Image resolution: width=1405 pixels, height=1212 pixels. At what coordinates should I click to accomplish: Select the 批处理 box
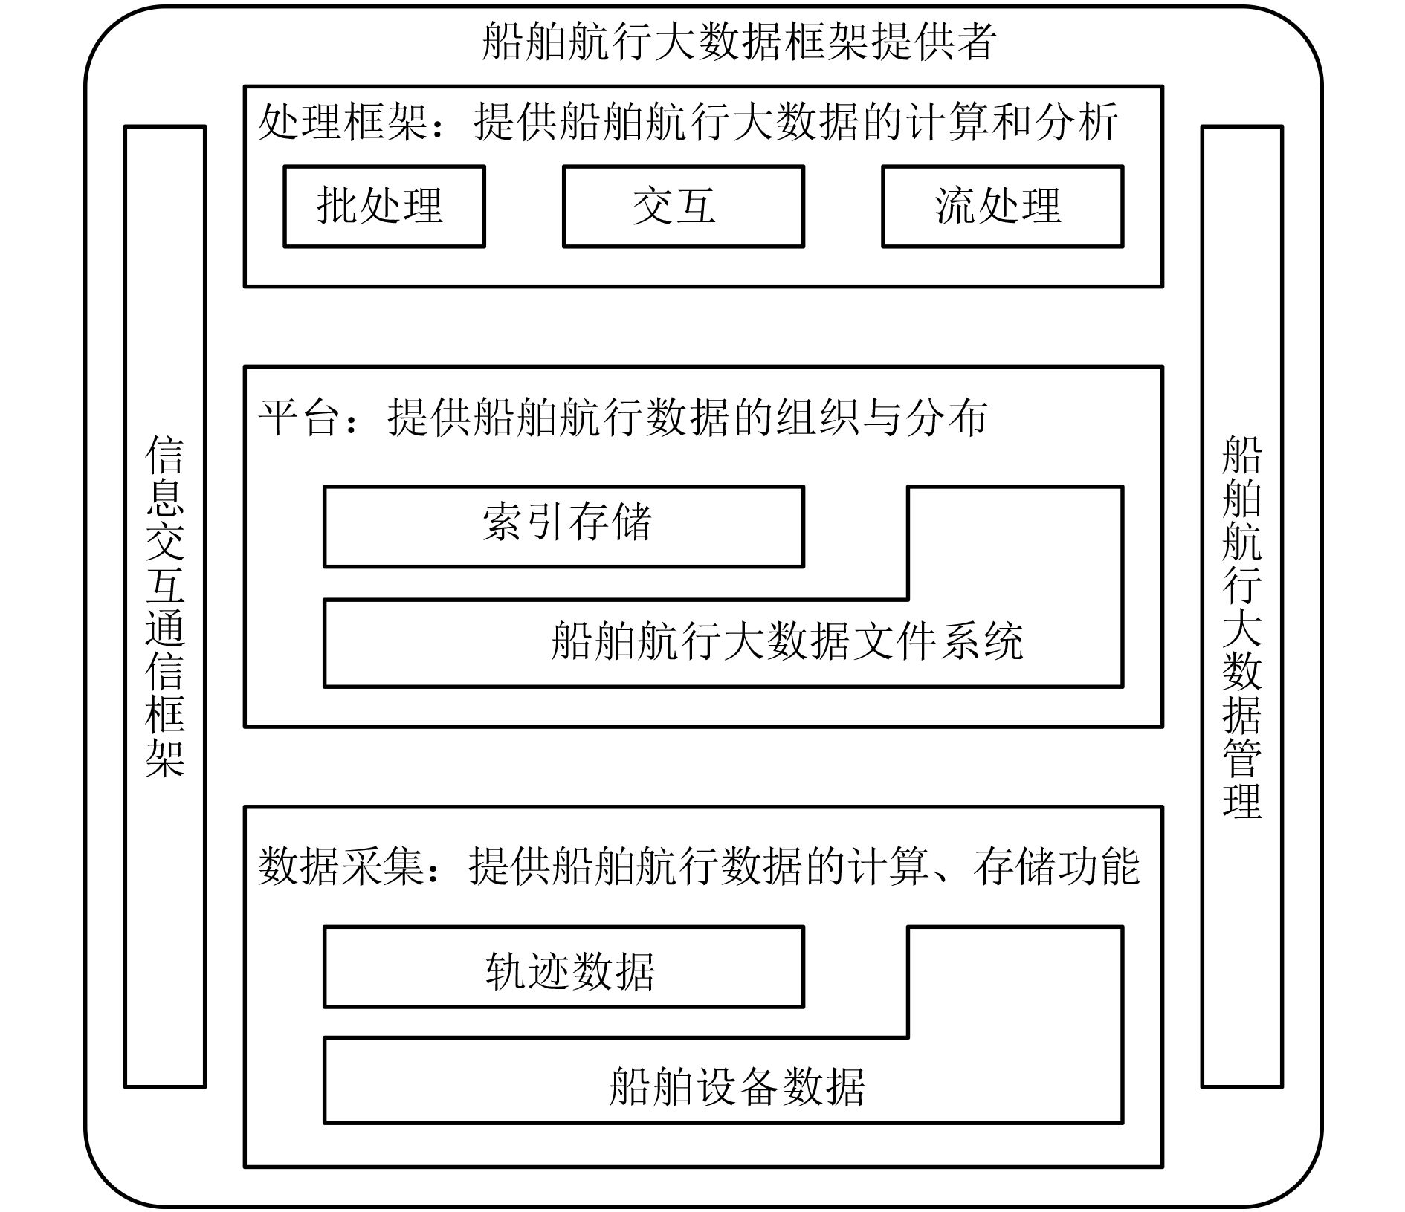point(384,207)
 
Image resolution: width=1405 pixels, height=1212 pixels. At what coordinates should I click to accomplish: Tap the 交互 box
point(682,207)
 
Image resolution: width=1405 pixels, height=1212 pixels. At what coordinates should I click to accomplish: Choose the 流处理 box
point(1002,207)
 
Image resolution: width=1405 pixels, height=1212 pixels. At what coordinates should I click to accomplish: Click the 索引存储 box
point(563,526)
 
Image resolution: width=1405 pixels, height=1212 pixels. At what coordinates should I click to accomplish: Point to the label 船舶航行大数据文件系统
point(787,641)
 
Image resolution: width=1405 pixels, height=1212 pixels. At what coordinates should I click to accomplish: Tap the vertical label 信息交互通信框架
point(164,606)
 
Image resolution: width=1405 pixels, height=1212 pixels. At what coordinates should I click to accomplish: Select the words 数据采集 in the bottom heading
point(342,866)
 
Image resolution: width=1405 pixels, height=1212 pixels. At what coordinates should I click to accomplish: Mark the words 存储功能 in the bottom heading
point(1056,866)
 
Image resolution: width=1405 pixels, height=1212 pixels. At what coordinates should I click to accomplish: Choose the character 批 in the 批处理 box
point(337,206)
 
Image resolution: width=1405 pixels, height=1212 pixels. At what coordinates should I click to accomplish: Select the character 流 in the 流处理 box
point(956,206)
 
